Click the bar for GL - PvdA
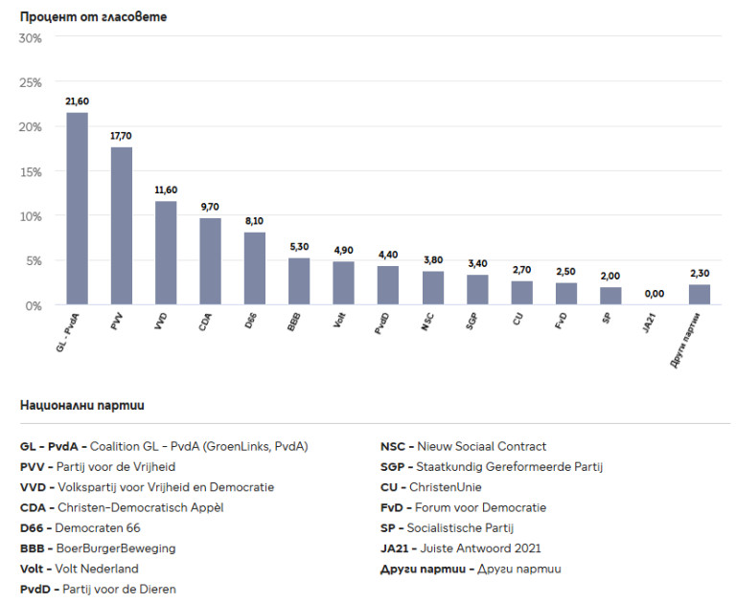[77, 209]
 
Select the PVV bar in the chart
[122, 226]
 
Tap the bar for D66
[255, 268]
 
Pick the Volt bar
[344, 282]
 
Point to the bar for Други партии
[700, 294]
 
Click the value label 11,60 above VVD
[166, 190]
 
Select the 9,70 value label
[211, 207]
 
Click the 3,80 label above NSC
[433, 259]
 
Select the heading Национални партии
[82, 406]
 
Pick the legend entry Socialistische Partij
[448, 528]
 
